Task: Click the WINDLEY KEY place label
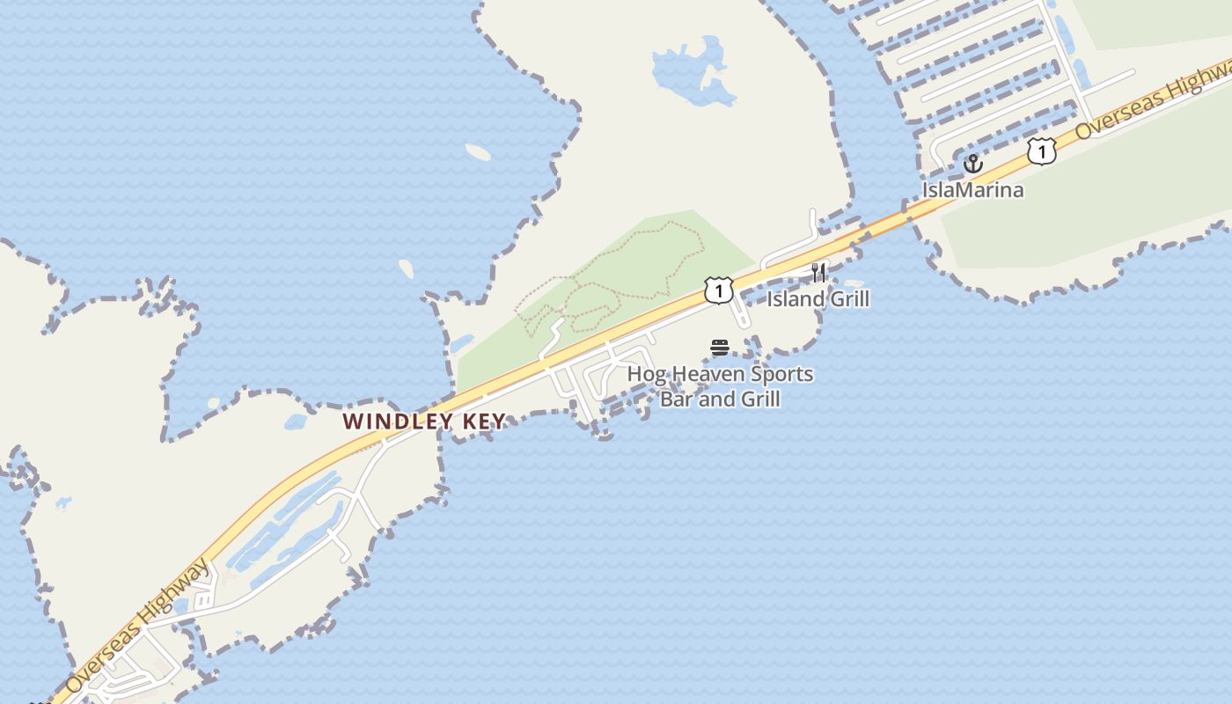(424, 422)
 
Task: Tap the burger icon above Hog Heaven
(720, 348)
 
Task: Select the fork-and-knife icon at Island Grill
(818, 271)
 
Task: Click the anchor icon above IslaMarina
(972, 164)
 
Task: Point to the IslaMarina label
(972, 189)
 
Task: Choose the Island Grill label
(818, 299)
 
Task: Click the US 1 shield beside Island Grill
(718, 290)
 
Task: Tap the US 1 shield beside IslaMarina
(1041, 151)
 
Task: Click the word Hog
(648, 375)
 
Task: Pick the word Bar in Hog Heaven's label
(677, 400)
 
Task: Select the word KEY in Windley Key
(482, 422)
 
